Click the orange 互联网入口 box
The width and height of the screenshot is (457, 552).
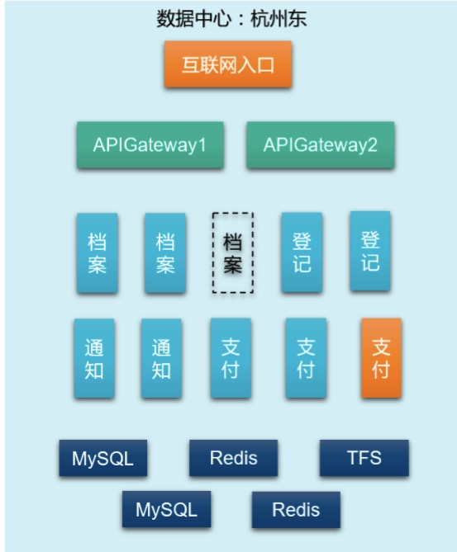coord(228,64)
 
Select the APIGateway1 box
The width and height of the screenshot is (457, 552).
coord(150,144)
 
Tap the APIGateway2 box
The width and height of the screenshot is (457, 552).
coord(320,144)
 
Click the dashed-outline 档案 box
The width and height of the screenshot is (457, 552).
coord(233,252)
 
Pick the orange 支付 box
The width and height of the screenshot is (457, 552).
coord(381,358)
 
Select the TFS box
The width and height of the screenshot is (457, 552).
coord(364,458)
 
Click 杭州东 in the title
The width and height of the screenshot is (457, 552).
coord(278,18)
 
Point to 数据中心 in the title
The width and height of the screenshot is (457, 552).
coord(194,18)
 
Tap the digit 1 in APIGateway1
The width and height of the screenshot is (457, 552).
coord(202,144)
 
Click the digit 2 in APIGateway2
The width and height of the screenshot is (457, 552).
coord(372,144)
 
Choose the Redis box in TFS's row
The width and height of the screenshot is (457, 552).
coord(233,458)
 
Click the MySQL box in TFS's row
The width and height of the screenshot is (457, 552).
coord(103,458)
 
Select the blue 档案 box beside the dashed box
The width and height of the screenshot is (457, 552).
coord(165,252)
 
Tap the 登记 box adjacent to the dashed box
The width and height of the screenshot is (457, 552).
coord(302,252)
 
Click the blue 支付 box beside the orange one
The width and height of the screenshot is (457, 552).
coord(306,358)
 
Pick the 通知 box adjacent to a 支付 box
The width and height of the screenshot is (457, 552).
coord(161,358)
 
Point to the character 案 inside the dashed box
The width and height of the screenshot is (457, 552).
coord(233,264)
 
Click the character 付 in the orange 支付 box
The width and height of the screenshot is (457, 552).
coord(381,370)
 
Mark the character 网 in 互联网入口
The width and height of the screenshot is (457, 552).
coord(228,65)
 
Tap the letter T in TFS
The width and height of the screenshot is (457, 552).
coord(353,458)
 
